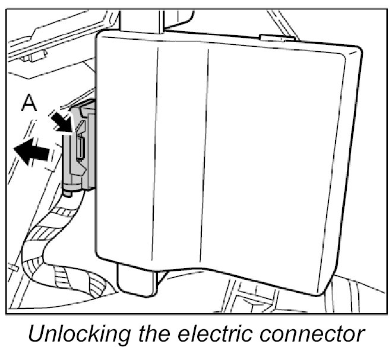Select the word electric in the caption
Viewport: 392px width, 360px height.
220,336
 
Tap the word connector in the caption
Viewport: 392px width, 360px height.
314,336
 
